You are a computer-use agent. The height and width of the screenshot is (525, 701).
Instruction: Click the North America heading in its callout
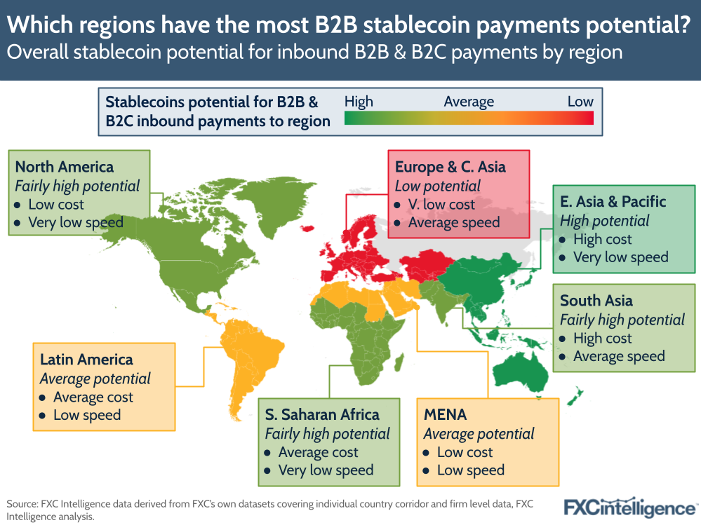click(64, 167)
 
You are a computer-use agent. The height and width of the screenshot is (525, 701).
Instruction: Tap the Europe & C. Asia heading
click(450, 167)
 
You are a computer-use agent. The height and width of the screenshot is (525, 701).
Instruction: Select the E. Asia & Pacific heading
click(613, 201)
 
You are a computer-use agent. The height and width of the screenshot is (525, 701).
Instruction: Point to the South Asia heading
click(596, 301)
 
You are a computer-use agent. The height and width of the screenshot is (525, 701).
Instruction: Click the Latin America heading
click(86, 360)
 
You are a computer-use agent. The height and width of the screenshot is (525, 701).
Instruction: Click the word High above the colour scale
click(359, 102)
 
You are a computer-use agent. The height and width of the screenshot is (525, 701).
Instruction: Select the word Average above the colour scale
click(469, 102)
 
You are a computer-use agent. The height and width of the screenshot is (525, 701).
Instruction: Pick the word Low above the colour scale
click(580, 102)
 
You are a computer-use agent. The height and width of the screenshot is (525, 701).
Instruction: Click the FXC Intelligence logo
click(630, 506)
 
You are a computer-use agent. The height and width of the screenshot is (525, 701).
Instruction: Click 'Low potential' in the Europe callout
click(437, 186)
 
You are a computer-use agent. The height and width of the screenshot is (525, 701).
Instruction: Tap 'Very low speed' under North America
click(76, 223)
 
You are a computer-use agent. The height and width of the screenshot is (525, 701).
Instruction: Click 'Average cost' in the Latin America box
click(93, 397)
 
